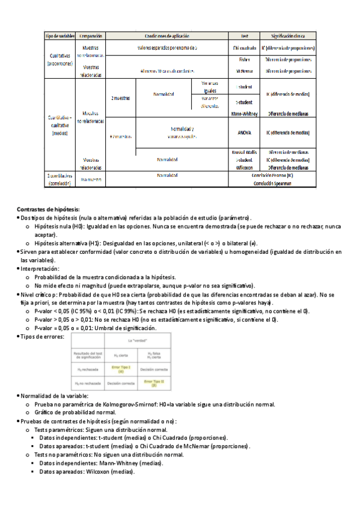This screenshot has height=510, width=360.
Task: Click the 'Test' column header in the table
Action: [x=245, y=36]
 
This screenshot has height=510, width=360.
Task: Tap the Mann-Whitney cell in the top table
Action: [x=245, y=112]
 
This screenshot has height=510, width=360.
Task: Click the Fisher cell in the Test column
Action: [x=245, y=60]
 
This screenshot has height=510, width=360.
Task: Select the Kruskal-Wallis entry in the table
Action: [x=245, y=152]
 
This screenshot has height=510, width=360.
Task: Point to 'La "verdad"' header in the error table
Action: [x=138, y=341]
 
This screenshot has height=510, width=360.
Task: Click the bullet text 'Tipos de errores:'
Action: [x=42, y=336]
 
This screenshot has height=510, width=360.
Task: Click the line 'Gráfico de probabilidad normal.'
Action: [x=75, y=413]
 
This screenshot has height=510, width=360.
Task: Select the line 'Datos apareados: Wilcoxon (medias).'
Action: [x=87, y=472]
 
